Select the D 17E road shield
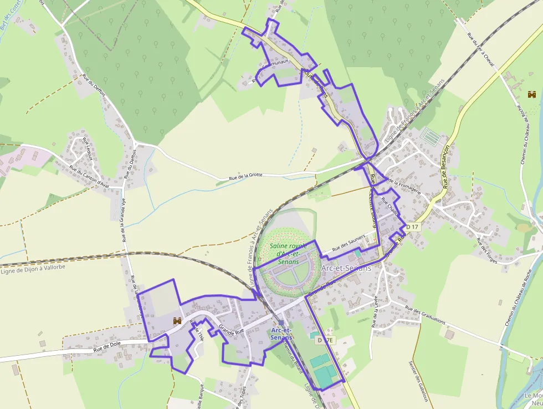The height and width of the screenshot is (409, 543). click(327, 340)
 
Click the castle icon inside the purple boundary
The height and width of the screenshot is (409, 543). click(178, 321)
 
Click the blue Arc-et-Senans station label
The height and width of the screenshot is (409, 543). click(282, 334)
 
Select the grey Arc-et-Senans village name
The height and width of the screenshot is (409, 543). click(346, 267)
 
